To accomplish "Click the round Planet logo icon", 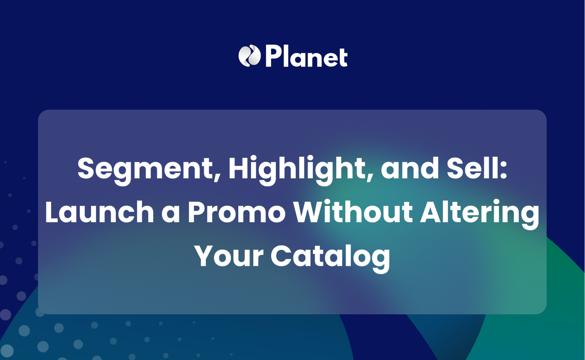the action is (249, 56).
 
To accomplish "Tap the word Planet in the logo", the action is (306, 56).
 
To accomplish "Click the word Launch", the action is (99, 212).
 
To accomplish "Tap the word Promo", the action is (237, 212).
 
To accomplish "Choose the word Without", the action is (353, 212).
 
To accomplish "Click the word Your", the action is (229, 256).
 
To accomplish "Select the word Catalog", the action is (330, 257).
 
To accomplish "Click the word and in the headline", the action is (410, 168).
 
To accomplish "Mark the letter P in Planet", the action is (273, 56).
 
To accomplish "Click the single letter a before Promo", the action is (171, 214).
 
